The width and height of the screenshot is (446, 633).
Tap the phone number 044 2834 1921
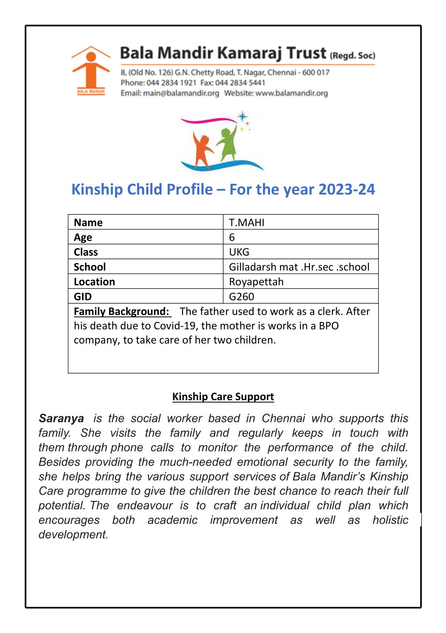(171, 83)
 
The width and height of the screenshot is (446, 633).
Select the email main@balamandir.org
(181, 93)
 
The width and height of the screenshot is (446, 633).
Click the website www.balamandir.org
(292, 93)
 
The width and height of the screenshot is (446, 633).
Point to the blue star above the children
(242, 117)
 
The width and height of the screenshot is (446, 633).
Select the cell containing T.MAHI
(247, 222)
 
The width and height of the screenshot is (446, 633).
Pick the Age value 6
(232, 237)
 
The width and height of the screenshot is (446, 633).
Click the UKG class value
(239, 252)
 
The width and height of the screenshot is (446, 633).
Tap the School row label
(90, 267)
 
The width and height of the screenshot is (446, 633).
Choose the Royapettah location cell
(256, 282)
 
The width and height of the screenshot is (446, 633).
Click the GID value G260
(241, 297)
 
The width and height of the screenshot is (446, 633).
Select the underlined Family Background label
(121, 311)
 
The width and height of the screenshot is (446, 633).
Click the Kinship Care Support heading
(223, 397)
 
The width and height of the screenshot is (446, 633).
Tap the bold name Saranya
(61, 418)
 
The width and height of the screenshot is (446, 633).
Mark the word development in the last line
(73, 535)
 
